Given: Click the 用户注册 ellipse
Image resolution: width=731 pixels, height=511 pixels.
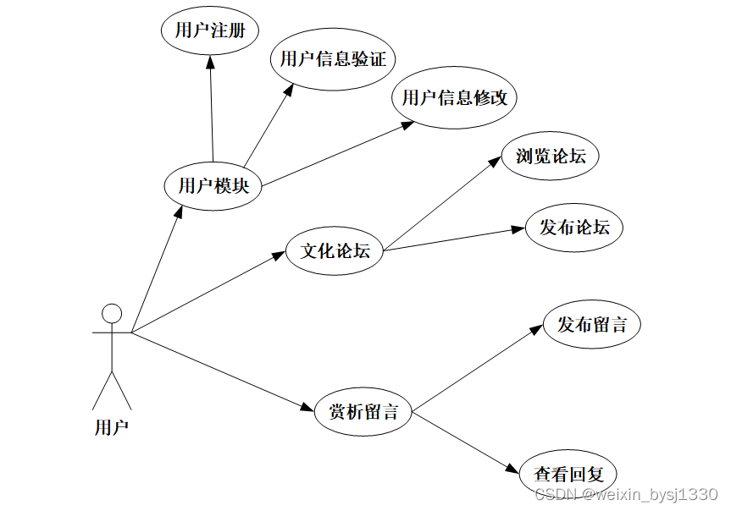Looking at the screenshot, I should pos(209,31).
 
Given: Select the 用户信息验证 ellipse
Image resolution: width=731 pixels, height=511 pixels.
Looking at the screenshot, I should pos(333,58).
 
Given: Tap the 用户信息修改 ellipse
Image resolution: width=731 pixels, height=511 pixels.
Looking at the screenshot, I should pos(454,98).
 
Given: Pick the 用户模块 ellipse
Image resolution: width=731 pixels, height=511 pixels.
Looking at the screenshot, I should pos(213,185).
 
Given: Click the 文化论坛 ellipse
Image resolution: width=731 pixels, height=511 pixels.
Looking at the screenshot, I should pos(335,250).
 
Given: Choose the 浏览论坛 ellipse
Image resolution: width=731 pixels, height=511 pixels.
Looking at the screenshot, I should pos(550,156).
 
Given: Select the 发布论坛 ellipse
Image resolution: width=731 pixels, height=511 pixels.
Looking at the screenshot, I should pos(574,228).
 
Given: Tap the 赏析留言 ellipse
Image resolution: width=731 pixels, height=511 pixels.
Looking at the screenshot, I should pos(363,412).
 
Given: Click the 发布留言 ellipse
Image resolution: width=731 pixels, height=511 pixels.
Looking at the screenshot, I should pos(591,324).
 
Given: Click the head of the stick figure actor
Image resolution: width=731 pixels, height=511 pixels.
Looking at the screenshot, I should pos(112,313).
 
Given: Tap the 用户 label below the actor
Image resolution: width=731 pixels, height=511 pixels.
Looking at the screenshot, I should pos(111,427).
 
